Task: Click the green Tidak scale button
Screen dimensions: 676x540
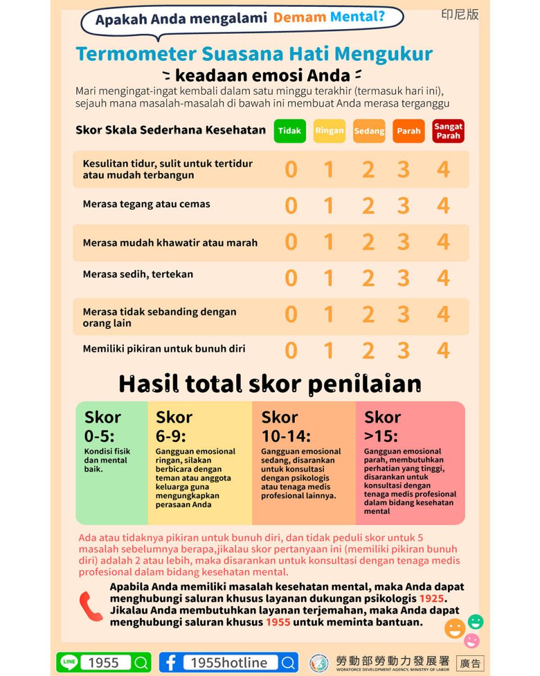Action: tap(290, 131)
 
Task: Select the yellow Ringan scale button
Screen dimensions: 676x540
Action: tap(329, 131)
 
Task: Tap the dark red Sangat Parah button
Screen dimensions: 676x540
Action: tap(448, 131)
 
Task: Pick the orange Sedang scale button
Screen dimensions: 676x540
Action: tap(369, 131)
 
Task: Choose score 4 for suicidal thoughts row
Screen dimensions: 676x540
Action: tap(443, 350)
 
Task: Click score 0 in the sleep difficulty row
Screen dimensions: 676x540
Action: tap(291, 170)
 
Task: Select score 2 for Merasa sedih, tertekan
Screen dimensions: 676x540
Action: tap(368, 278)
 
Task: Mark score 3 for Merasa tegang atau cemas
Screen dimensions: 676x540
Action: tap(403, 206)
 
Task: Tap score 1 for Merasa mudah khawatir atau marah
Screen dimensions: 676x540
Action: tap(329, 242)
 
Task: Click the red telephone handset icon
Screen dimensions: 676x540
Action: tap(90, 606)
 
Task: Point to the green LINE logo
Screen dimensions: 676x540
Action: tap(69, 662)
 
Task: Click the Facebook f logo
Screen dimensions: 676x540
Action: tap(170, 662)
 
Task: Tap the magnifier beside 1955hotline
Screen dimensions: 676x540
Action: tap(289, 662)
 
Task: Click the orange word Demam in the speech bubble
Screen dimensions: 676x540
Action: tap(300, 17)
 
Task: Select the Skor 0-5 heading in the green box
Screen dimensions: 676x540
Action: tap(102, 426)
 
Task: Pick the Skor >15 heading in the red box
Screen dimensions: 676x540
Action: tap(382, 426)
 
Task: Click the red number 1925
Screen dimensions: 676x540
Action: tap(431, 598)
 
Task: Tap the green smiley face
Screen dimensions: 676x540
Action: tap(475, 621)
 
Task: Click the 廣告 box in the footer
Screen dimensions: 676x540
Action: tap(470, 663)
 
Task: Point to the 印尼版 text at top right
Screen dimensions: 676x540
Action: tap(460, 15)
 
